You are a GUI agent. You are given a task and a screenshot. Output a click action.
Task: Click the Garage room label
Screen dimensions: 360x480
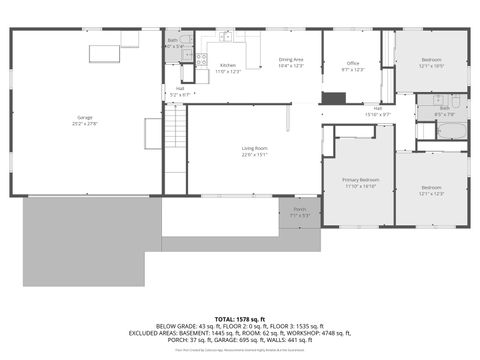coord(85,117)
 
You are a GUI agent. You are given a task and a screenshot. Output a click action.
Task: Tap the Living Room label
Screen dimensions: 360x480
coord(254,149)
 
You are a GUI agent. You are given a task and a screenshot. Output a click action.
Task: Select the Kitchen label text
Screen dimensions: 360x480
coord(229,66)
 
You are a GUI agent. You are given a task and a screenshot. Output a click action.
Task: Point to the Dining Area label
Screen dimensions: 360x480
coord(292,60)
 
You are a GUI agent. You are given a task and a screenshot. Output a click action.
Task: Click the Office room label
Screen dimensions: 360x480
coord(353,63)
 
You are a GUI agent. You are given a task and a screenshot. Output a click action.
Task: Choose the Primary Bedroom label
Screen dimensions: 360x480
coord(360,180)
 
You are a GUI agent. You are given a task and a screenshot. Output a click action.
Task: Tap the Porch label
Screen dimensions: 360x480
coord(300,210)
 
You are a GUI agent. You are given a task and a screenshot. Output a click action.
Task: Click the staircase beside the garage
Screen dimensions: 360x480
coord(175,128)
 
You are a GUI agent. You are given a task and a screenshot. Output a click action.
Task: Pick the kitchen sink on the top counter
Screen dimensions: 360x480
coord(226,38)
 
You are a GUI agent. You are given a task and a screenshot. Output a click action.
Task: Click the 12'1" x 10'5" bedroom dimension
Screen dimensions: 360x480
coord(431,66)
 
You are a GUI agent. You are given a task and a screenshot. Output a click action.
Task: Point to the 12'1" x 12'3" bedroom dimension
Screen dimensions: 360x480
coord(431,193)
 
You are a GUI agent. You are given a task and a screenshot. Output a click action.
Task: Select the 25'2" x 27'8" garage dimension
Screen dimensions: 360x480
coord(85,123)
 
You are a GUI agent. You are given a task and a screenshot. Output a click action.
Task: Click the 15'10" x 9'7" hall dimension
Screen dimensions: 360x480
coord(378,113)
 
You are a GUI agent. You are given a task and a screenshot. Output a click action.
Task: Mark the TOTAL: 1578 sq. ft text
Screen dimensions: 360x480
coord(240,319)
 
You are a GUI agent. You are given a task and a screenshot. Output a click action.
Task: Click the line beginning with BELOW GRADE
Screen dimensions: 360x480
coord(240,327)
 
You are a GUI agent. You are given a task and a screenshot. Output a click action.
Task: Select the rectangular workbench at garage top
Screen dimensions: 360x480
coord(103,52)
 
